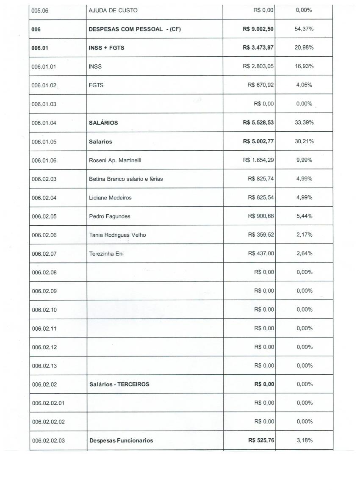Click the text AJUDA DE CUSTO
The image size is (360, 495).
pyautogui.click(x=113, y=10)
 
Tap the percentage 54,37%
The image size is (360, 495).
pyautogui.click(x=304, y=29)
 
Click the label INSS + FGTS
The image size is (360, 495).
pyautogui.click(x=107, y=48)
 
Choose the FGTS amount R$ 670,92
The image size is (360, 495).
pyautogui.click(x=261, y=85)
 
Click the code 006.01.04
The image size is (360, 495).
pyautogui.click(x=44, y=123)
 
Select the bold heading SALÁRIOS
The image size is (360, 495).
pyautogui.click(x=103, y=123)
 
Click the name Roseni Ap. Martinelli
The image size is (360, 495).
pyautogui.click(x=115, y=160)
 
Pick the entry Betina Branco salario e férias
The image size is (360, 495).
pyautogui.click(x=126, y=179)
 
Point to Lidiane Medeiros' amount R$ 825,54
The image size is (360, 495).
pyautogui.click(x=261, y=197)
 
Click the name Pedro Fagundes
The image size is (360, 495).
pyautogui.click(x=110, y=216)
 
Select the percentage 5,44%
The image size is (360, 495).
pyautogui.click(x=304, y=216)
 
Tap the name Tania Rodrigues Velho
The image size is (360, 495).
pyautogui.click(x=117, y=235)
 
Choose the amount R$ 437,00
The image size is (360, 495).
pyautogui.click(x=261, y=254)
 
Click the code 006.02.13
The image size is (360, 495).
pyautogui.click(x=44, y=366)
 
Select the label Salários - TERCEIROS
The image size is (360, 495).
pyautogui.click(x=119, y=384)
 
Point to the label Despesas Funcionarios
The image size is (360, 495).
pyautogui.click(x=121, y=441)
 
